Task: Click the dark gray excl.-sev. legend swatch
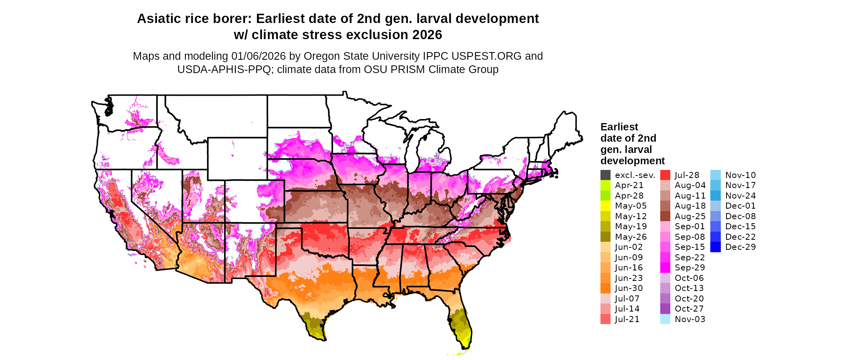pyautogui.click(x=605, y=175)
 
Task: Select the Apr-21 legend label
pyautogui.click(x=629, y=185)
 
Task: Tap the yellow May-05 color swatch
pyautogui.click(x=605, y=206)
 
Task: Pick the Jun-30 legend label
pyautogui.click(x=629, y=288)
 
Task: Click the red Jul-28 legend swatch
pyautogui.click(x=665, y=175)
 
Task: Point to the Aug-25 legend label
pyautogui.click(x=690, y=216)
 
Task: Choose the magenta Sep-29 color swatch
pyautogui.click(x=665, y=268)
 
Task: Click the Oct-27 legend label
pyautogui.click(x=689, y=309)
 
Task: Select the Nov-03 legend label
pyautogui.click(x=690, y=319)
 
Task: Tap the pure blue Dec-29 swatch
pyautogui.click(x=715, y=247)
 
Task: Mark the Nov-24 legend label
pyautogui.click(x=740, y=196)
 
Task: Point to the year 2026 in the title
pyautogui.click(x=427, y=35)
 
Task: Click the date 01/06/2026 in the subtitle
pyautogui.click(x=258, y=56)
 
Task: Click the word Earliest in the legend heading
pyautogui.click(x=619, y=127)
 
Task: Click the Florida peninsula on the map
pyautogui.click(x=462, y=325)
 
